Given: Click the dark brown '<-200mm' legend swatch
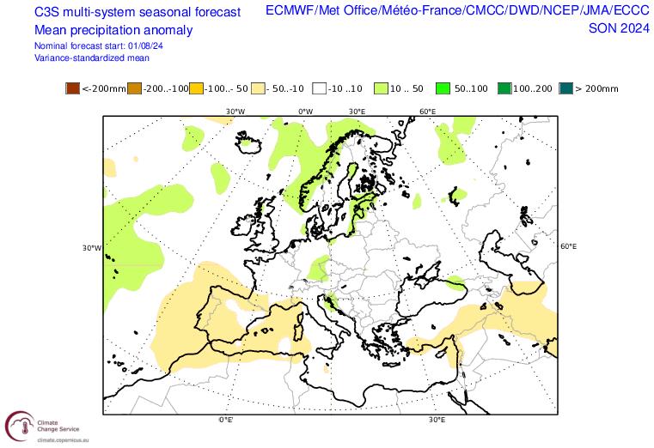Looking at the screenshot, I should (72, 88).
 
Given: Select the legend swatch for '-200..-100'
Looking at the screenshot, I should (134, 88).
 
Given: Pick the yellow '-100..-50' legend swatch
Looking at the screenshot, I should (196, 88).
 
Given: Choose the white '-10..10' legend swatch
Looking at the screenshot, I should (318, 88).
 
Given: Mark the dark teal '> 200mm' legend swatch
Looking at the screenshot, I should (564, 88).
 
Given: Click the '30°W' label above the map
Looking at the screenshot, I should (235, 112).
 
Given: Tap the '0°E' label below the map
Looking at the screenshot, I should (226, 420).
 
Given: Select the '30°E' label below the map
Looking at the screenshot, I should (437, 420).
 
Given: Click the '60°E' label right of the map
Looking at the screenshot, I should (567, 246).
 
